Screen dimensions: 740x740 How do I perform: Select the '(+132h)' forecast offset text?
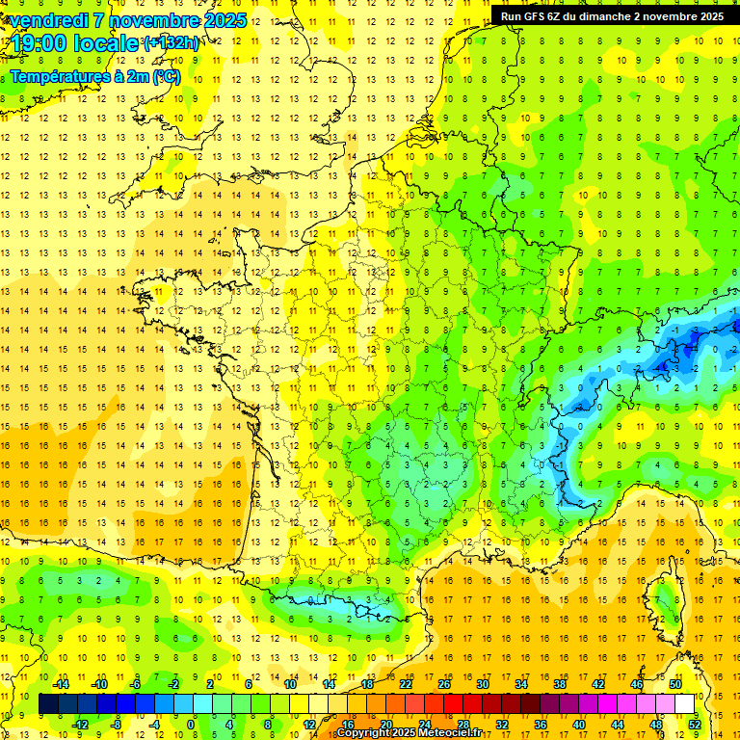pos(172,43)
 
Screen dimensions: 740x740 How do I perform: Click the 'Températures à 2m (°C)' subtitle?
pos(93,76)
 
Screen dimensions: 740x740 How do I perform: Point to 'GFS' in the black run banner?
pos(536,16)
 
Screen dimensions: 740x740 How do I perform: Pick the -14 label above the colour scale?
pos(61,683)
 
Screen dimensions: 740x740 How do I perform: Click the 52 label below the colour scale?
pos(695,724)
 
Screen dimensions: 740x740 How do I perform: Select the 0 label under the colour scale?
pos(191,724)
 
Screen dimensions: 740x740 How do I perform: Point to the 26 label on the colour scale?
pos(444,683)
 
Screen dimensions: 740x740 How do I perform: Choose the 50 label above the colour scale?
pos(674,683)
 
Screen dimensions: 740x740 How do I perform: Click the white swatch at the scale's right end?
pos(685,704)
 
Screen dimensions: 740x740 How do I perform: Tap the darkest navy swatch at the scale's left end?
pos(48,704)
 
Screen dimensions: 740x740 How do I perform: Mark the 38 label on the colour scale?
pos(559,683)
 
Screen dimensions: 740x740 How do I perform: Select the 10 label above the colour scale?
pos(290,683)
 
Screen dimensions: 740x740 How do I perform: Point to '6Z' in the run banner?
pos(558,16)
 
